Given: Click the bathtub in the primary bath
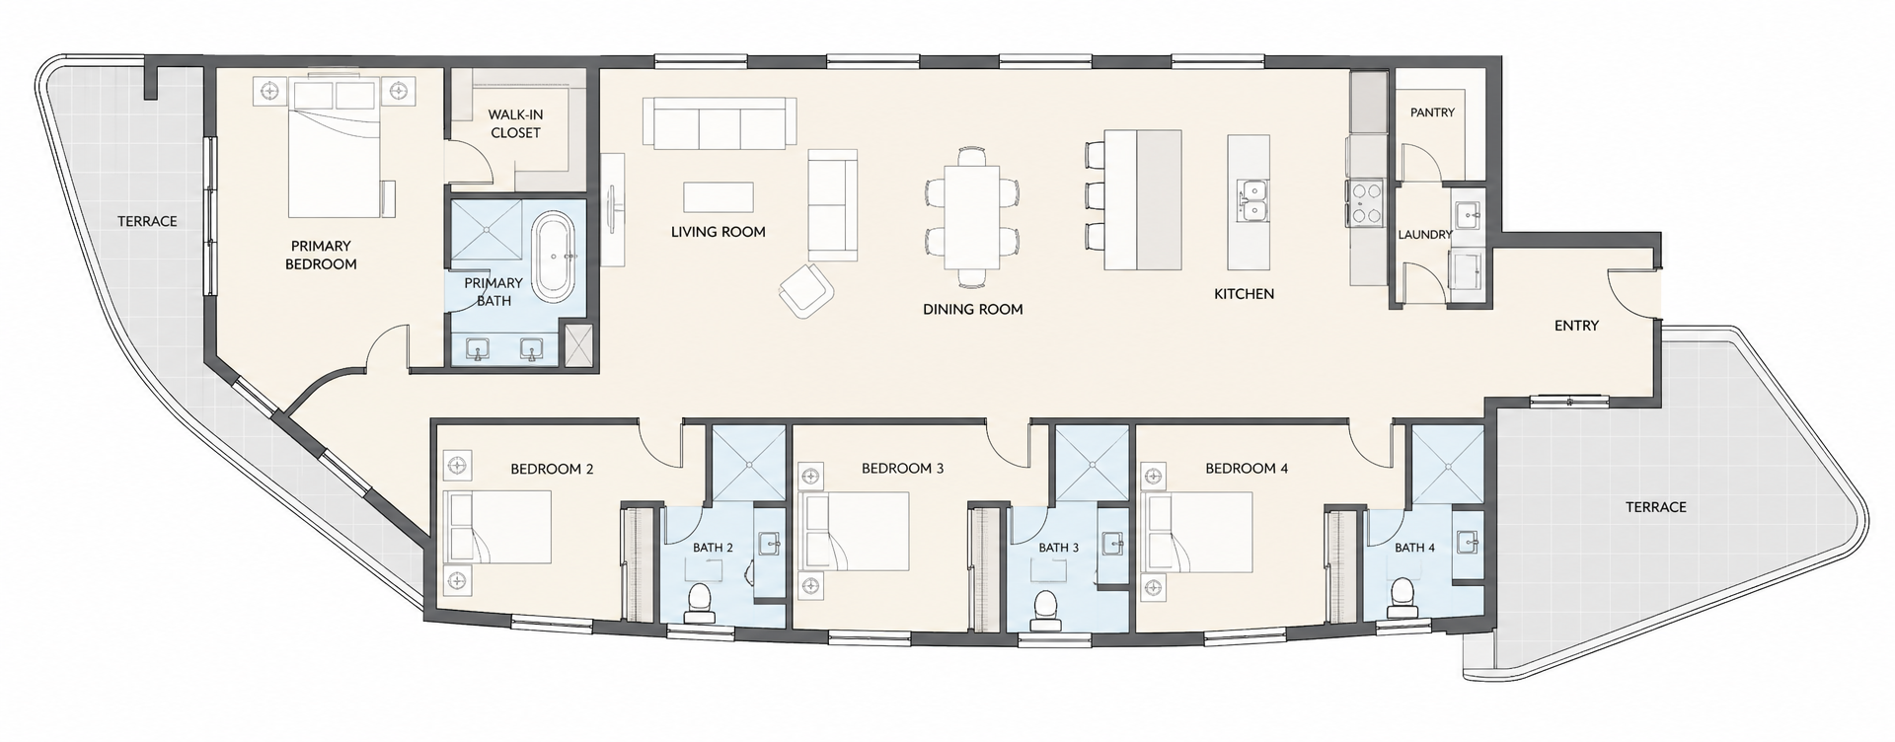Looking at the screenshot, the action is click(x=553, y=256).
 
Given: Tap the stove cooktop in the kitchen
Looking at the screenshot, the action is click(x=1366, y=203).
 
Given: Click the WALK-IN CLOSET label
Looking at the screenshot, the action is click(x=515, y=123).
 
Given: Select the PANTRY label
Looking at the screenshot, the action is click(x=1432, y=112).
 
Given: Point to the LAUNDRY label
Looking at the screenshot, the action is click(x=1424, y=235).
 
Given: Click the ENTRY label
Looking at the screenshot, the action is click(x=1576, y=325).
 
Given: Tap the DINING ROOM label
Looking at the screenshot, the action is click(x=972, y=309).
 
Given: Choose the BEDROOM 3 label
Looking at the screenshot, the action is click(x=902, y=468).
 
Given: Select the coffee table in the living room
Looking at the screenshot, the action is click(x=719, y=196).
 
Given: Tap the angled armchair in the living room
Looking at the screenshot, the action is click(x=806, y=290).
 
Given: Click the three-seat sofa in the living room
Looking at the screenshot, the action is click(x=720, y=122).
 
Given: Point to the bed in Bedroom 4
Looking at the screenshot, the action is click(x=1196, y=532).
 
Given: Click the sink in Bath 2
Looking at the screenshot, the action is click(x=770, y=542).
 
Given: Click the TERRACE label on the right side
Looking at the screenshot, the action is click(x=1656, y=507).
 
